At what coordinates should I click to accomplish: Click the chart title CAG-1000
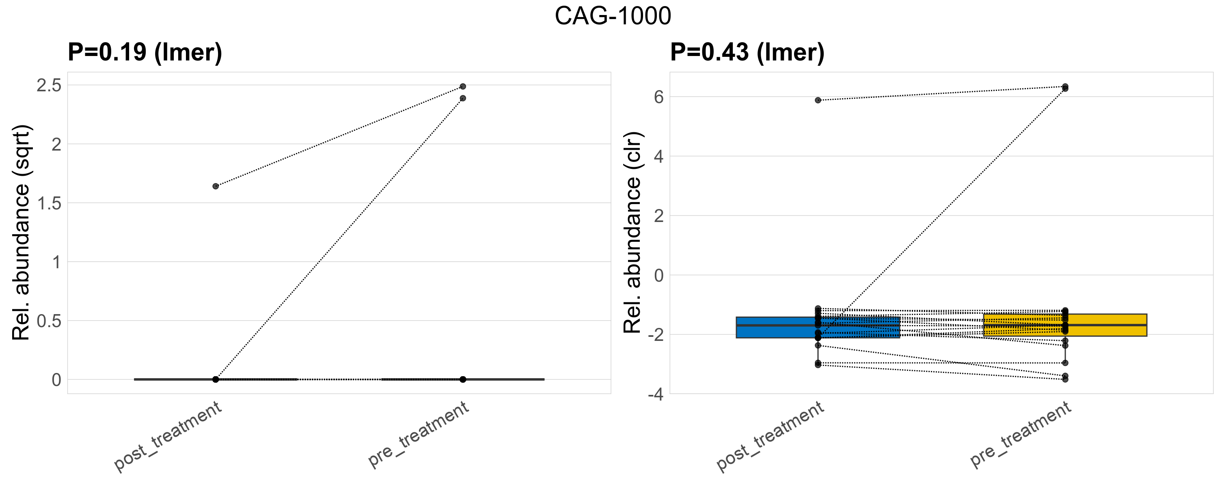(x=613, y=16)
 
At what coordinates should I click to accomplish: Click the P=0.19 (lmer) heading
(x=145, y=52)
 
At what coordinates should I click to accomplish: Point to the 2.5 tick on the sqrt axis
(x=49, y=86)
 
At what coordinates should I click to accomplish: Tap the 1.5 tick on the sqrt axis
(x=49, y=204)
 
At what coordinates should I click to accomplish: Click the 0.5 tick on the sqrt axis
(x=49, y=321)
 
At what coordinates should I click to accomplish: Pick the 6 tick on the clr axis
(x=659, y=97)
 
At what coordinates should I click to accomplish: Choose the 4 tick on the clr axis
(x=659, y=157)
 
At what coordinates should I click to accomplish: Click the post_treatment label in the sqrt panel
(x=168, y=436)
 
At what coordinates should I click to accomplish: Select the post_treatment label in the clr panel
(x=770, y=436)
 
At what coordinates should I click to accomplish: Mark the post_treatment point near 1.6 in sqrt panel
(x=216, y=186)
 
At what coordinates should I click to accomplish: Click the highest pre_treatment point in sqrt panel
(x=463, y=86)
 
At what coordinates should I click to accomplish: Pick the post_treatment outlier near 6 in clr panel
(x=818, y=100)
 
